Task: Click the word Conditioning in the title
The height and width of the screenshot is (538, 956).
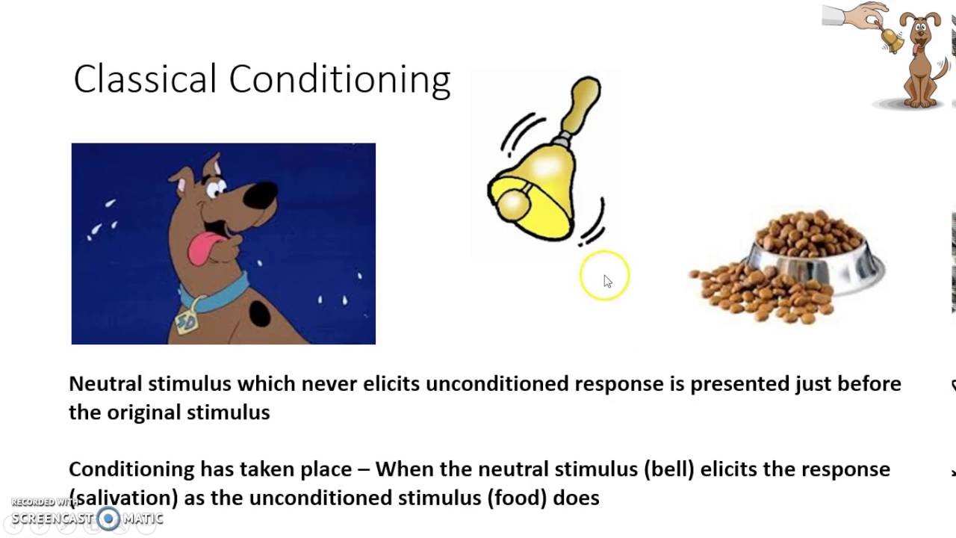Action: coord(339,80)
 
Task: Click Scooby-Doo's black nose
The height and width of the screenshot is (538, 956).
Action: coord(261,196)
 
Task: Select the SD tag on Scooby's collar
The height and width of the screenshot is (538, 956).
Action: coord(186,320)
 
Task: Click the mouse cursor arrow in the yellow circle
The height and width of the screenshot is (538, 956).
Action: coord(606,280)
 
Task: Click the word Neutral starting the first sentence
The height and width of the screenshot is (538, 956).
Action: coord(105,384)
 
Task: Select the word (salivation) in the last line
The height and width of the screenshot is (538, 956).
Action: coord(123,498)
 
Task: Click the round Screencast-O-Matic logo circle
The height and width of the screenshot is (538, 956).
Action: coord(109,519)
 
